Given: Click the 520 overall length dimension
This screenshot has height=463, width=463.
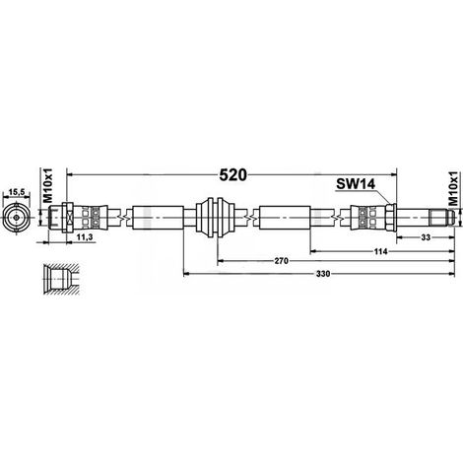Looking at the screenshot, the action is coord(232,175).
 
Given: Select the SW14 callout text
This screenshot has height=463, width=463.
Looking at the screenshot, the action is coord(356,184).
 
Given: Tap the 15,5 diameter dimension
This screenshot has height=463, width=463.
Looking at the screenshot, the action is coord(17,193).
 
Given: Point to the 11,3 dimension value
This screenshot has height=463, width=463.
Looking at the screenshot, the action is coord(84,237).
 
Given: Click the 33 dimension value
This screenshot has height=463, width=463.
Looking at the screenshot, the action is coord(426,237).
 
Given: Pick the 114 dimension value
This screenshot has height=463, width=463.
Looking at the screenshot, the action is coord(381,251).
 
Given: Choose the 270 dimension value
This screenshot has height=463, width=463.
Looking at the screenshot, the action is coord(282,261).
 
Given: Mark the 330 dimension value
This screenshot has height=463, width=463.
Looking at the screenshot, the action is coord(323,274).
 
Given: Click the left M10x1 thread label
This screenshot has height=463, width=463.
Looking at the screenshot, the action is coord(48,185).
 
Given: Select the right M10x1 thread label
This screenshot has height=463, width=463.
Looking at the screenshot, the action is coord(453,188).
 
